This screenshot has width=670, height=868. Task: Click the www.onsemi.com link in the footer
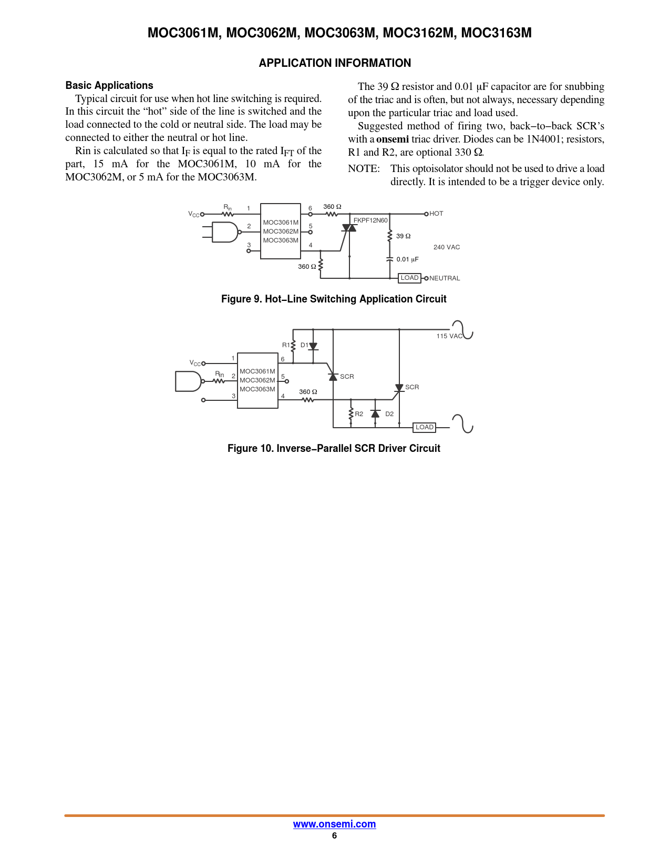334,824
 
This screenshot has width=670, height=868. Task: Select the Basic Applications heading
109,85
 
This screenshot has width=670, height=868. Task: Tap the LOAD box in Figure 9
409,278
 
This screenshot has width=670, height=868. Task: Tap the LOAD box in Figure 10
424,427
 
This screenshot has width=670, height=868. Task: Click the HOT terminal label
436,214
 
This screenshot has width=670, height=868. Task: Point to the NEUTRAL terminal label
445,278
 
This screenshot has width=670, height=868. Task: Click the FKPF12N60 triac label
370,220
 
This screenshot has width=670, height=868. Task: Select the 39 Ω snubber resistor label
403,236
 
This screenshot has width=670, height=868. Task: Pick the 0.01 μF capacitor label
407,259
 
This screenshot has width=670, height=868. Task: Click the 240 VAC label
446,247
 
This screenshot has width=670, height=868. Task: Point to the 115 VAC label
449,336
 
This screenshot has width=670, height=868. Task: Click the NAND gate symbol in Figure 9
225,232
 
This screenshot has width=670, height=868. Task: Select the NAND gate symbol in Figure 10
188,381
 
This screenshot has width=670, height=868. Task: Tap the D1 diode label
304,345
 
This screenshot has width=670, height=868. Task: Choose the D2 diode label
389,414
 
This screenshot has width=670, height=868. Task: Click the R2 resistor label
359,414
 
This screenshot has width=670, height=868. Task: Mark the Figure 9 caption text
334,299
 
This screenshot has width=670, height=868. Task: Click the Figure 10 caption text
334,448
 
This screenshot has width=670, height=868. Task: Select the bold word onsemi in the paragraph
392,139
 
